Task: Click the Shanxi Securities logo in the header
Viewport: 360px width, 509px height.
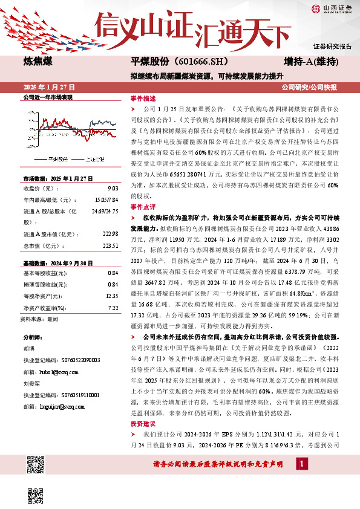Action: click(330, 8)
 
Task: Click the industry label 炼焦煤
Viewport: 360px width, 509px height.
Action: click(38, 62)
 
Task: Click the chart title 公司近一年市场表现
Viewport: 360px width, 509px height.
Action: click(48, 97)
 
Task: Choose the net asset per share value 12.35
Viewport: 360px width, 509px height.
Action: click(111, 262)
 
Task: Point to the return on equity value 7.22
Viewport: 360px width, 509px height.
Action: click(113, 274)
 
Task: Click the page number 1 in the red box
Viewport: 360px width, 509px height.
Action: click(301, 463)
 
